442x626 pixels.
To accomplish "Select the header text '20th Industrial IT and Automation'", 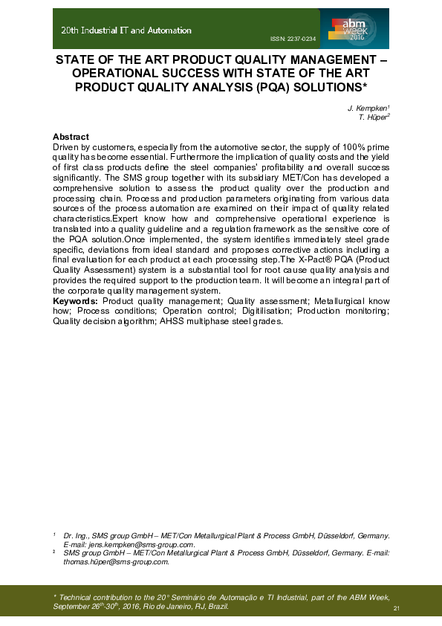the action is (126, 30).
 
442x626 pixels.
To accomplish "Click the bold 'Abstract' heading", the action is (71, 137).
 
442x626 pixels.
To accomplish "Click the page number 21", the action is (397, 609).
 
